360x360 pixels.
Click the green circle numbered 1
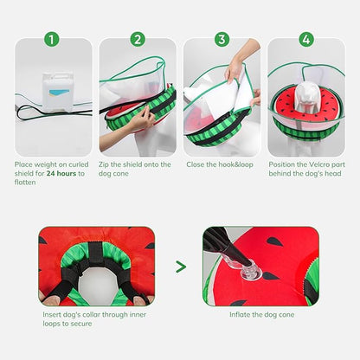(x=52, y=39)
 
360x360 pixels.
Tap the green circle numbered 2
(x=137, y=39)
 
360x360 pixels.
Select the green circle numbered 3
(x=222, y=39)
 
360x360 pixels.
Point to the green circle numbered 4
(x=305, y=39)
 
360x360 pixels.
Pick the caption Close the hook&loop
(x=219, y=164)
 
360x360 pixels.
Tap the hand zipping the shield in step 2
(x=138, y=121)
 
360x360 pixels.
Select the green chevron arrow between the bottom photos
(x=180, y=267)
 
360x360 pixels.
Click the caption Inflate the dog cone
(x=260, y=314)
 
